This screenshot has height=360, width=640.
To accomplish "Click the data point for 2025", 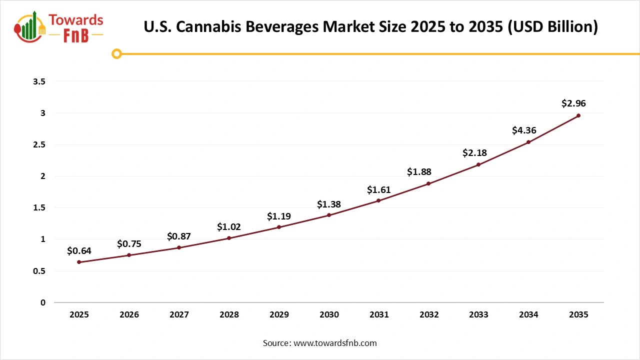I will point(79,262).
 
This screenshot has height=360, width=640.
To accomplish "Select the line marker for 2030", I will point(329,215).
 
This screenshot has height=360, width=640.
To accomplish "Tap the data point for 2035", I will point(578,115).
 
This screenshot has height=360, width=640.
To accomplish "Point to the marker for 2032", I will point(428,183).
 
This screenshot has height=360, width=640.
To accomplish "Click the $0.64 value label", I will point(79,250).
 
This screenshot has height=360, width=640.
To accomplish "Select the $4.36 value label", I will point(524,130).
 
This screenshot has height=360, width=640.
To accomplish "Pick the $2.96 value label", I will point(573,104).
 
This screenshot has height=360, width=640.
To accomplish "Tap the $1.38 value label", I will point(329,204).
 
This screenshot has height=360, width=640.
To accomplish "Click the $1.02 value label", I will point(229,226).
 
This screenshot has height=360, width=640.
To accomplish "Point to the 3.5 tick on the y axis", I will point(39,81).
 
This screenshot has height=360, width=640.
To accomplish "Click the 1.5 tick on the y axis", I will point(39,208).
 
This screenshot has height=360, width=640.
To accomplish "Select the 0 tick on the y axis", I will point(42,302).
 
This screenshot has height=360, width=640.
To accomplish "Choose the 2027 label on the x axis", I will point(179,315).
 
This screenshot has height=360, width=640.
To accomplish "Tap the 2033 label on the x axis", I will point(478,315).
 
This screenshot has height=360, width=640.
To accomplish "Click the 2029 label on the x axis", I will point(279,315).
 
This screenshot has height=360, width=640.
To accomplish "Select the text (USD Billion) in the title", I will point(552,26).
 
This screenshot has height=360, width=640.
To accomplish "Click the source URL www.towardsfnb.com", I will point(334,343).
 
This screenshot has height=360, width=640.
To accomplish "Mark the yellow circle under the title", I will point(116,53).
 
